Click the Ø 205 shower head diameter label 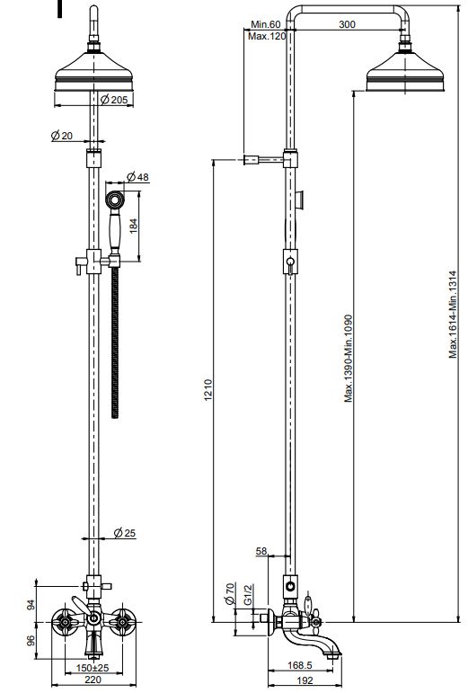point(114,100)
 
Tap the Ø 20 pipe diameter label point(61,136)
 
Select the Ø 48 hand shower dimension point(137,177)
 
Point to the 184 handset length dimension point(133,226)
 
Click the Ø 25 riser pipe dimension point(125,533)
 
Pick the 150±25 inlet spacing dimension point(93,667)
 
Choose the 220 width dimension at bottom point(93,680)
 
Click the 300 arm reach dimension point(347,24)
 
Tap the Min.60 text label point(266,24)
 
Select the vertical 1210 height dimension point(208,390)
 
